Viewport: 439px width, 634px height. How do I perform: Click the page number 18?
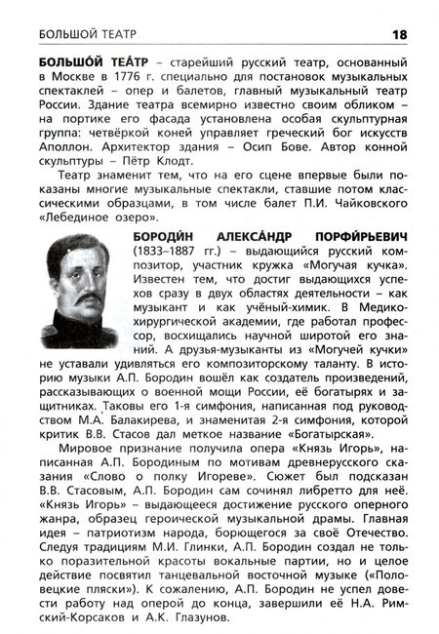(398, 35)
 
